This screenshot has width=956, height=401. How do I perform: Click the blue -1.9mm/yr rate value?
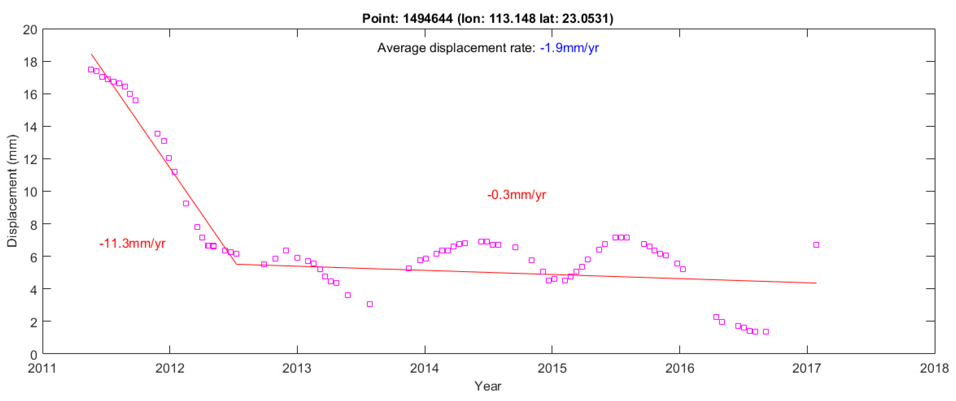tap(569, 48)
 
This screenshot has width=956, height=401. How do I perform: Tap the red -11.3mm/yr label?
tap(132, 243)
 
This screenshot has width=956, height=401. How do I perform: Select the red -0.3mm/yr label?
tap(516, 194)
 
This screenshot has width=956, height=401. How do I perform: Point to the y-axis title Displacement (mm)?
tap(12, 191)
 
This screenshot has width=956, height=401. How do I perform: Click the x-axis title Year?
tap(487, 386)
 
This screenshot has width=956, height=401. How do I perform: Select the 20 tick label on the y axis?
tap(30, 30)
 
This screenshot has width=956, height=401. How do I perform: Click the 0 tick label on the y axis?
tap(33, 355)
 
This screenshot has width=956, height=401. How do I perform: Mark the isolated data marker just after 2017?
tap(816, 245)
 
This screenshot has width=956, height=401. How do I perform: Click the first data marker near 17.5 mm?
tap(91, 69)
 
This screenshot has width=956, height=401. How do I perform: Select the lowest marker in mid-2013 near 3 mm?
tap(370, 304)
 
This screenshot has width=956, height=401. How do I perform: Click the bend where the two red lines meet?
tap(236, 264)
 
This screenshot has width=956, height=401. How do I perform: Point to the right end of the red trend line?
tap(816, 283)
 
